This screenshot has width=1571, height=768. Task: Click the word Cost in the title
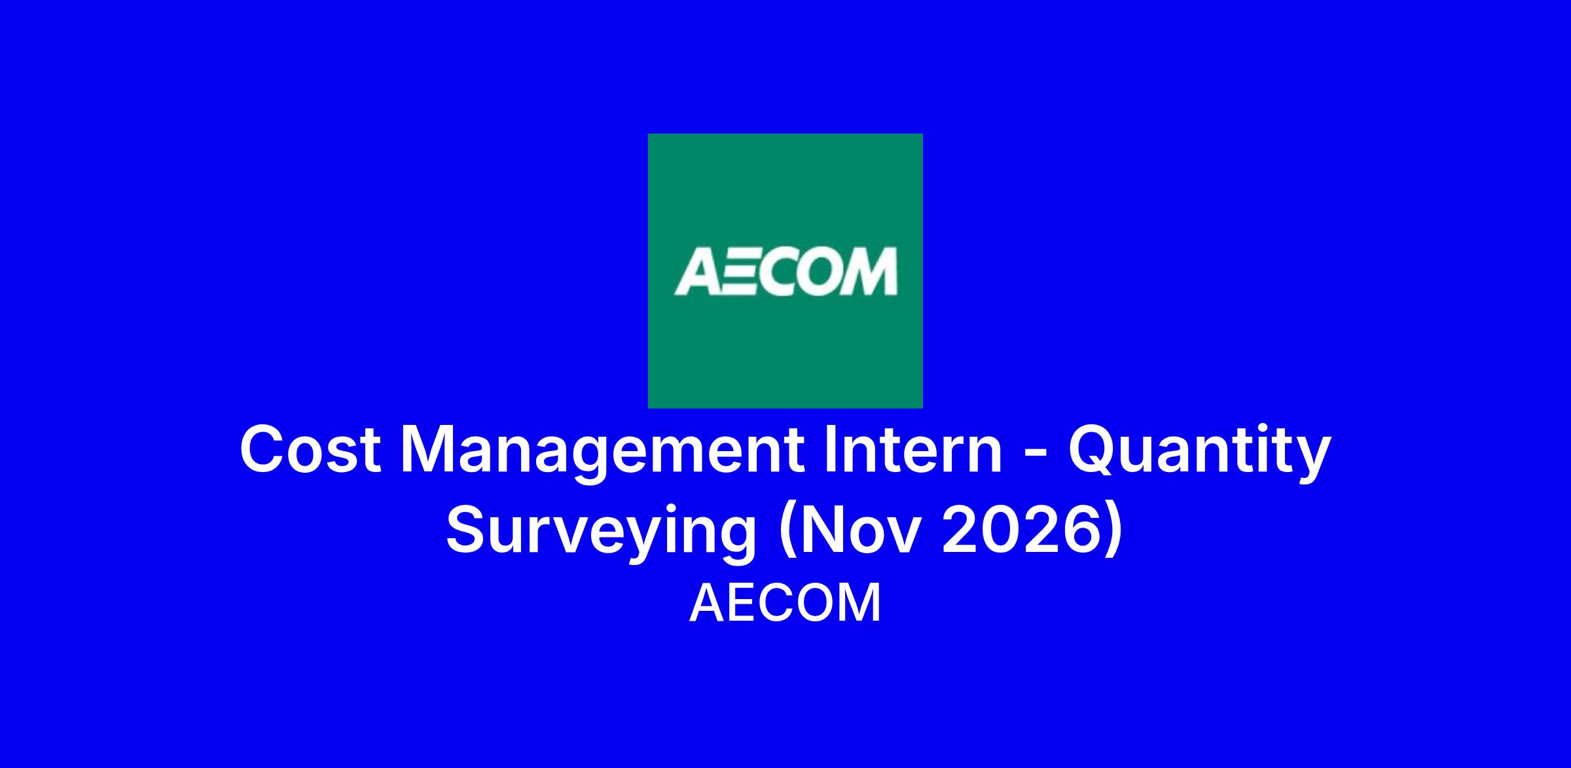click(311, 450)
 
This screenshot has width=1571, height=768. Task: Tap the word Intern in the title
click(914, 450)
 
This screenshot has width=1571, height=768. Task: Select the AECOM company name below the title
click(785, 603)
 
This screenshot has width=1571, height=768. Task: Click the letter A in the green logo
click(697, 271)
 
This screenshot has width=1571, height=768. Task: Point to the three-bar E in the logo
click(740, 271)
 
